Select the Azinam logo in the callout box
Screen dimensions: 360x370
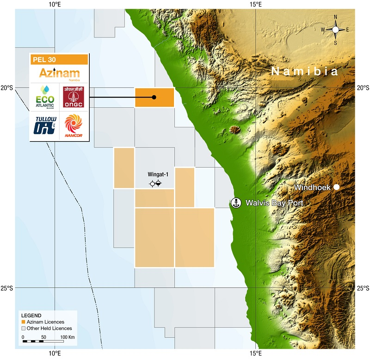(59, 74)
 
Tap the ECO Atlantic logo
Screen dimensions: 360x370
(44, 97)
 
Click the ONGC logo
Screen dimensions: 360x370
(74, 97)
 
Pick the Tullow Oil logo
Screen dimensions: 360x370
(44, 125)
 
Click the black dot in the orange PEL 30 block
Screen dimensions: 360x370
(154, 97)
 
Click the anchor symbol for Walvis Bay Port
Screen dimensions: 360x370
(236, 203)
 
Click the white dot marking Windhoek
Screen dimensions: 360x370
(337, 187)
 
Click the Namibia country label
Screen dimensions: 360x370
(305, 72)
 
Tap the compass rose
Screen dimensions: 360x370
(335, 30)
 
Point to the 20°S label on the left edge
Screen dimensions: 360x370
(7, 87)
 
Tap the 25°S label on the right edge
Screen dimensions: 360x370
(363, 288)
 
